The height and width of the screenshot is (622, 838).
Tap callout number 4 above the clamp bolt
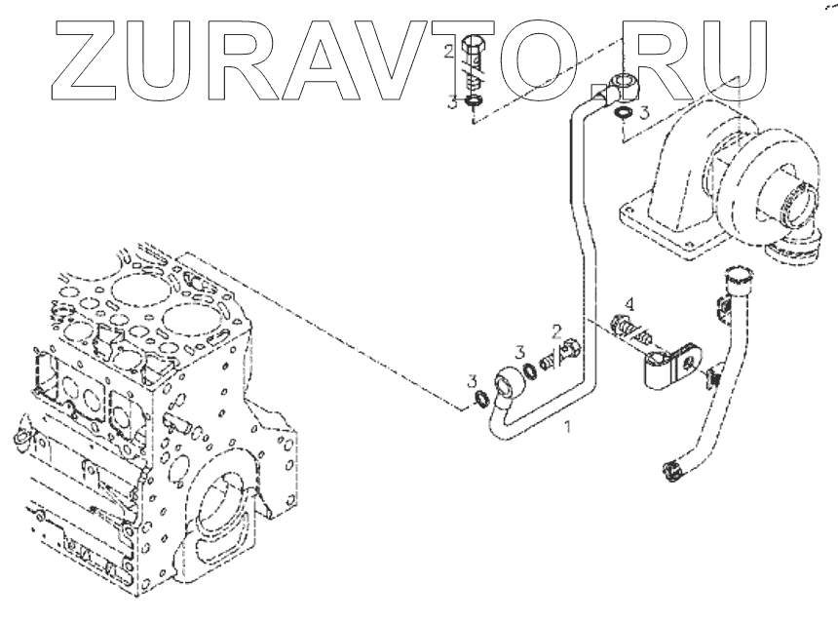(x=629, y=302)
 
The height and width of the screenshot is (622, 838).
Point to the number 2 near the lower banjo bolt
(x=555, y=332)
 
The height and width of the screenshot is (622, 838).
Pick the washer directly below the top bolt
(x=474, y=100)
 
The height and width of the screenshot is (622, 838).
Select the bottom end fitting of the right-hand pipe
(x=671, y=470)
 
